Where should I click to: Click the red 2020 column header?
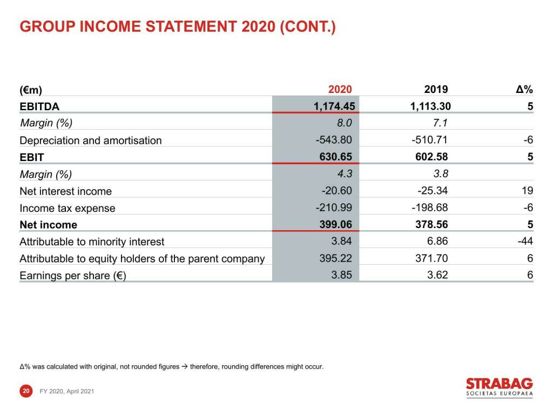click(340, 90)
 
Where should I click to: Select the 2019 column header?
click(436, 90)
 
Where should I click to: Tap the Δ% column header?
click(524, 90)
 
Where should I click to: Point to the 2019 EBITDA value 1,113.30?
click(430, 106)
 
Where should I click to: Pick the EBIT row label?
click(32, 157)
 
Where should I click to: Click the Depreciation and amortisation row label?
click(90, 140)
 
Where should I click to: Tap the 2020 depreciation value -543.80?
click(334, 140)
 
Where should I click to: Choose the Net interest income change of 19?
click(527, 190)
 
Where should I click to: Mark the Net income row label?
click(48, 225)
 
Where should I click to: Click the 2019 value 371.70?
click(433, 258)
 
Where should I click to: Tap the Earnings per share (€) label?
click(73, 276)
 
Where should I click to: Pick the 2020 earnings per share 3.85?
click(341, 275)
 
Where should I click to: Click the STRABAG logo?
click(499, 387)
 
